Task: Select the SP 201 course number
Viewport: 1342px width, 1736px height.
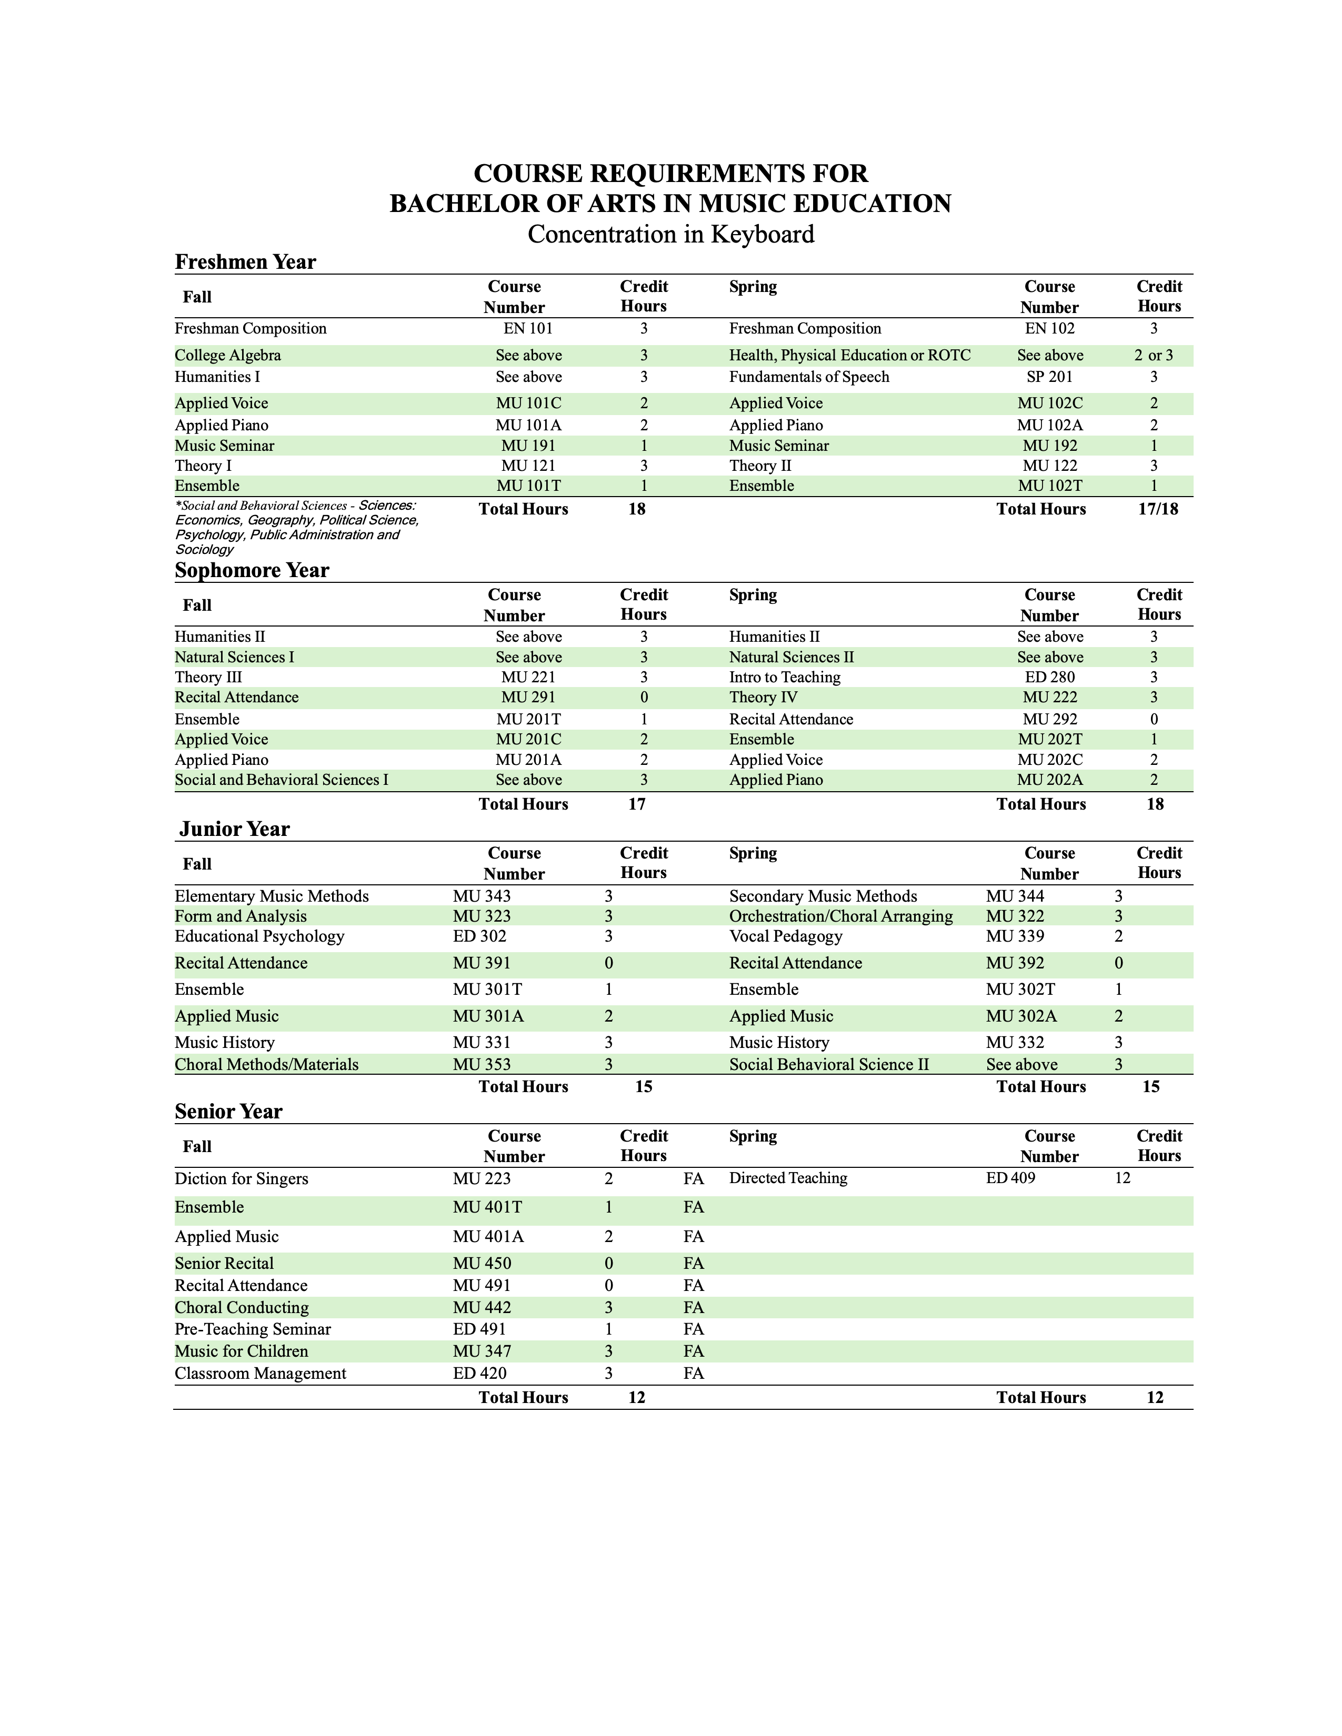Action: coord(1049,377)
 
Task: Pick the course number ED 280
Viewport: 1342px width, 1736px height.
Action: coord(1049,677)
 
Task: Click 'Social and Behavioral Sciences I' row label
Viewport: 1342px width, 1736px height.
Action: coord(282,780)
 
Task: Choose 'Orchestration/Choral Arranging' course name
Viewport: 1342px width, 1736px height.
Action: coord(840,916)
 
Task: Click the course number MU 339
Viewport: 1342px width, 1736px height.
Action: coord(1015,936)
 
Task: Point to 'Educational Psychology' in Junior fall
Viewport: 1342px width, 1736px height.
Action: coord(259,936)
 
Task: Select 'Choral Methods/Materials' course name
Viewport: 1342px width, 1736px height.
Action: coord(266,1064)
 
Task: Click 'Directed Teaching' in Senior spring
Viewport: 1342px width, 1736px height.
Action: coord(788,1178)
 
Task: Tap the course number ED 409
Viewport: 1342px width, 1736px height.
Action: coord(1010,1178)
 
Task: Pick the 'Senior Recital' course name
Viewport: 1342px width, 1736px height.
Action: coord(224,1263)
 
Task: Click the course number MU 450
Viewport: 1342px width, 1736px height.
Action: coord(482,1263)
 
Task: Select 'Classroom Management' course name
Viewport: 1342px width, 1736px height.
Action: coord(260,1374)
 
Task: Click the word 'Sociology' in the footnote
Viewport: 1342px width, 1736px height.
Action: coord(204,549)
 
